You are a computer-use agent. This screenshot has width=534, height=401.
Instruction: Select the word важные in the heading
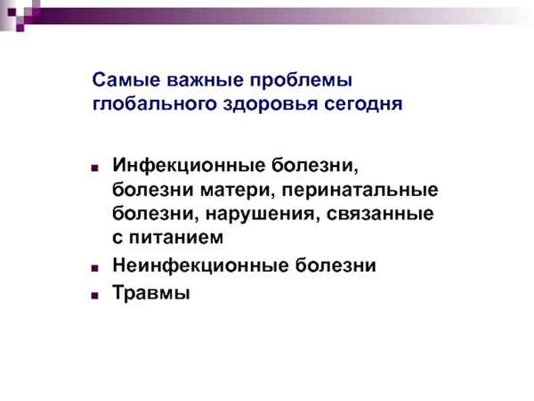click(x=197, y=79)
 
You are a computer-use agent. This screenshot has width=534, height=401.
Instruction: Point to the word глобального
click(x=148, y=104)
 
